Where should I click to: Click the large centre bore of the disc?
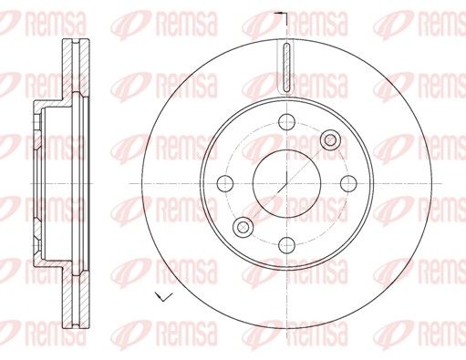click(x=286, y=183)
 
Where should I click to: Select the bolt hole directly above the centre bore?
click(x=286, y=122)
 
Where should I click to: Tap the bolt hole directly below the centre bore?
click(x=286, y=245)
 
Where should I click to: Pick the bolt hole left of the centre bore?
click(x=225, y=183)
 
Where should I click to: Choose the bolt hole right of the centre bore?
click(x=348, y=183)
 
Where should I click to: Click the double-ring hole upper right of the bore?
click(x=330, y=140)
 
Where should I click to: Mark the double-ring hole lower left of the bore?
click(x=243, y=227)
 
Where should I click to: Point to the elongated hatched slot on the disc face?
click(x=286, y=67)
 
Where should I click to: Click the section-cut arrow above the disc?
click(x=280, y=14)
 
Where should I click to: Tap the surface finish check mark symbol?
click(x=163, y=296)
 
